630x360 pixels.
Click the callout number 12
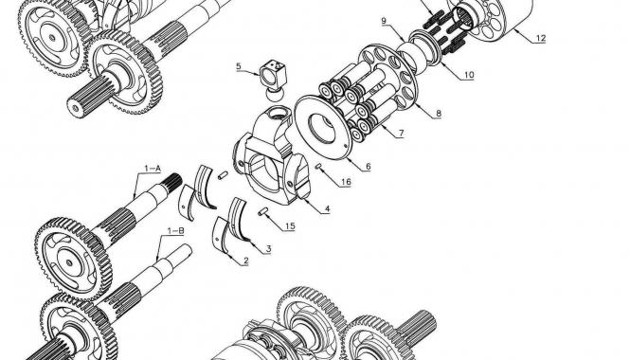point(540,38)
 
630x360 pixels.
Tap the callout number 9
point(384,21)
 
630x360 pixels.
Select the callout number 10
point(469,75)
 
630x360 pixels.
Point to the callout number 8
point(439,114)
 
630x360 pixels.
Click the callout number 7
point(401,133)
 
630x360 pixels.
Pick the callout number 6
point(368,167)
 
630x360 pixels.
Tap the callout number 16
point(346,182)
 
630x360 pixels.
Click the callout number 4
point(328,209)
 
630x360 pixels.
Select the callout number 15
point(290,226)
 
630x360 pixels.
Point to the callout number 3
point(268,249)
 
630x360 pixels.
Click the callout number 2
point(246,261)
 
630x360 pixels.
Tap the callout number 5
point(239,66)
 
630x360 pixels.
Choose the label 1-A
point(153,169)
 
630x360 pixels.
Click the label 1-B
point(176,230)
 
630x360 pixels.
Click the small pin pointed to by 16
point(319,166)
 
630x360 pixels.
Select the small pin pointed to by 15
point(263,211)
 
